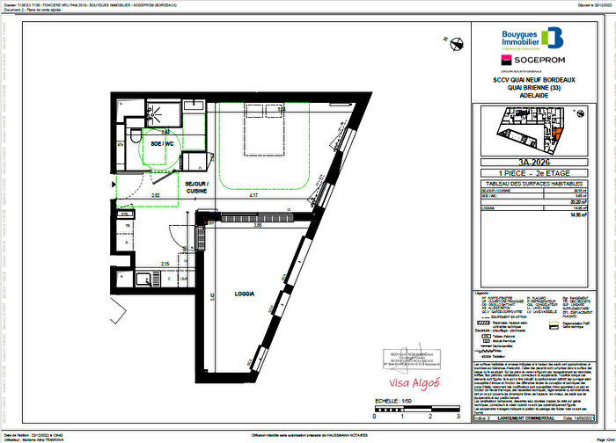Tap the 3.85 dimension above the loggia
click(259, 227)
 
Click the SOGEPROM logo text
click(533, 59)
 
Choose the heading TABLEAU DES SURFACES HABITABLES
click(539, 182)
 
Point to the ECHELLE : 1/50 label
click(392, 401)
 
